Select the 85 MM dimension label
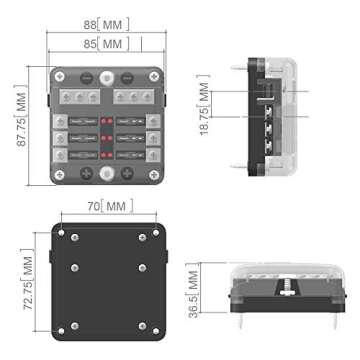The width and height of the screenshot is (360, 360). coord(103,45)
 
